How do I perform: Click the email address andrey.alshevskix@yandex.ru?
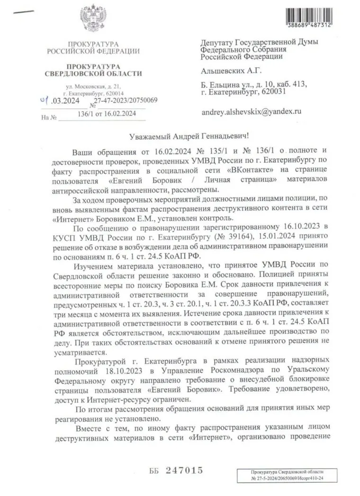251,113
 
